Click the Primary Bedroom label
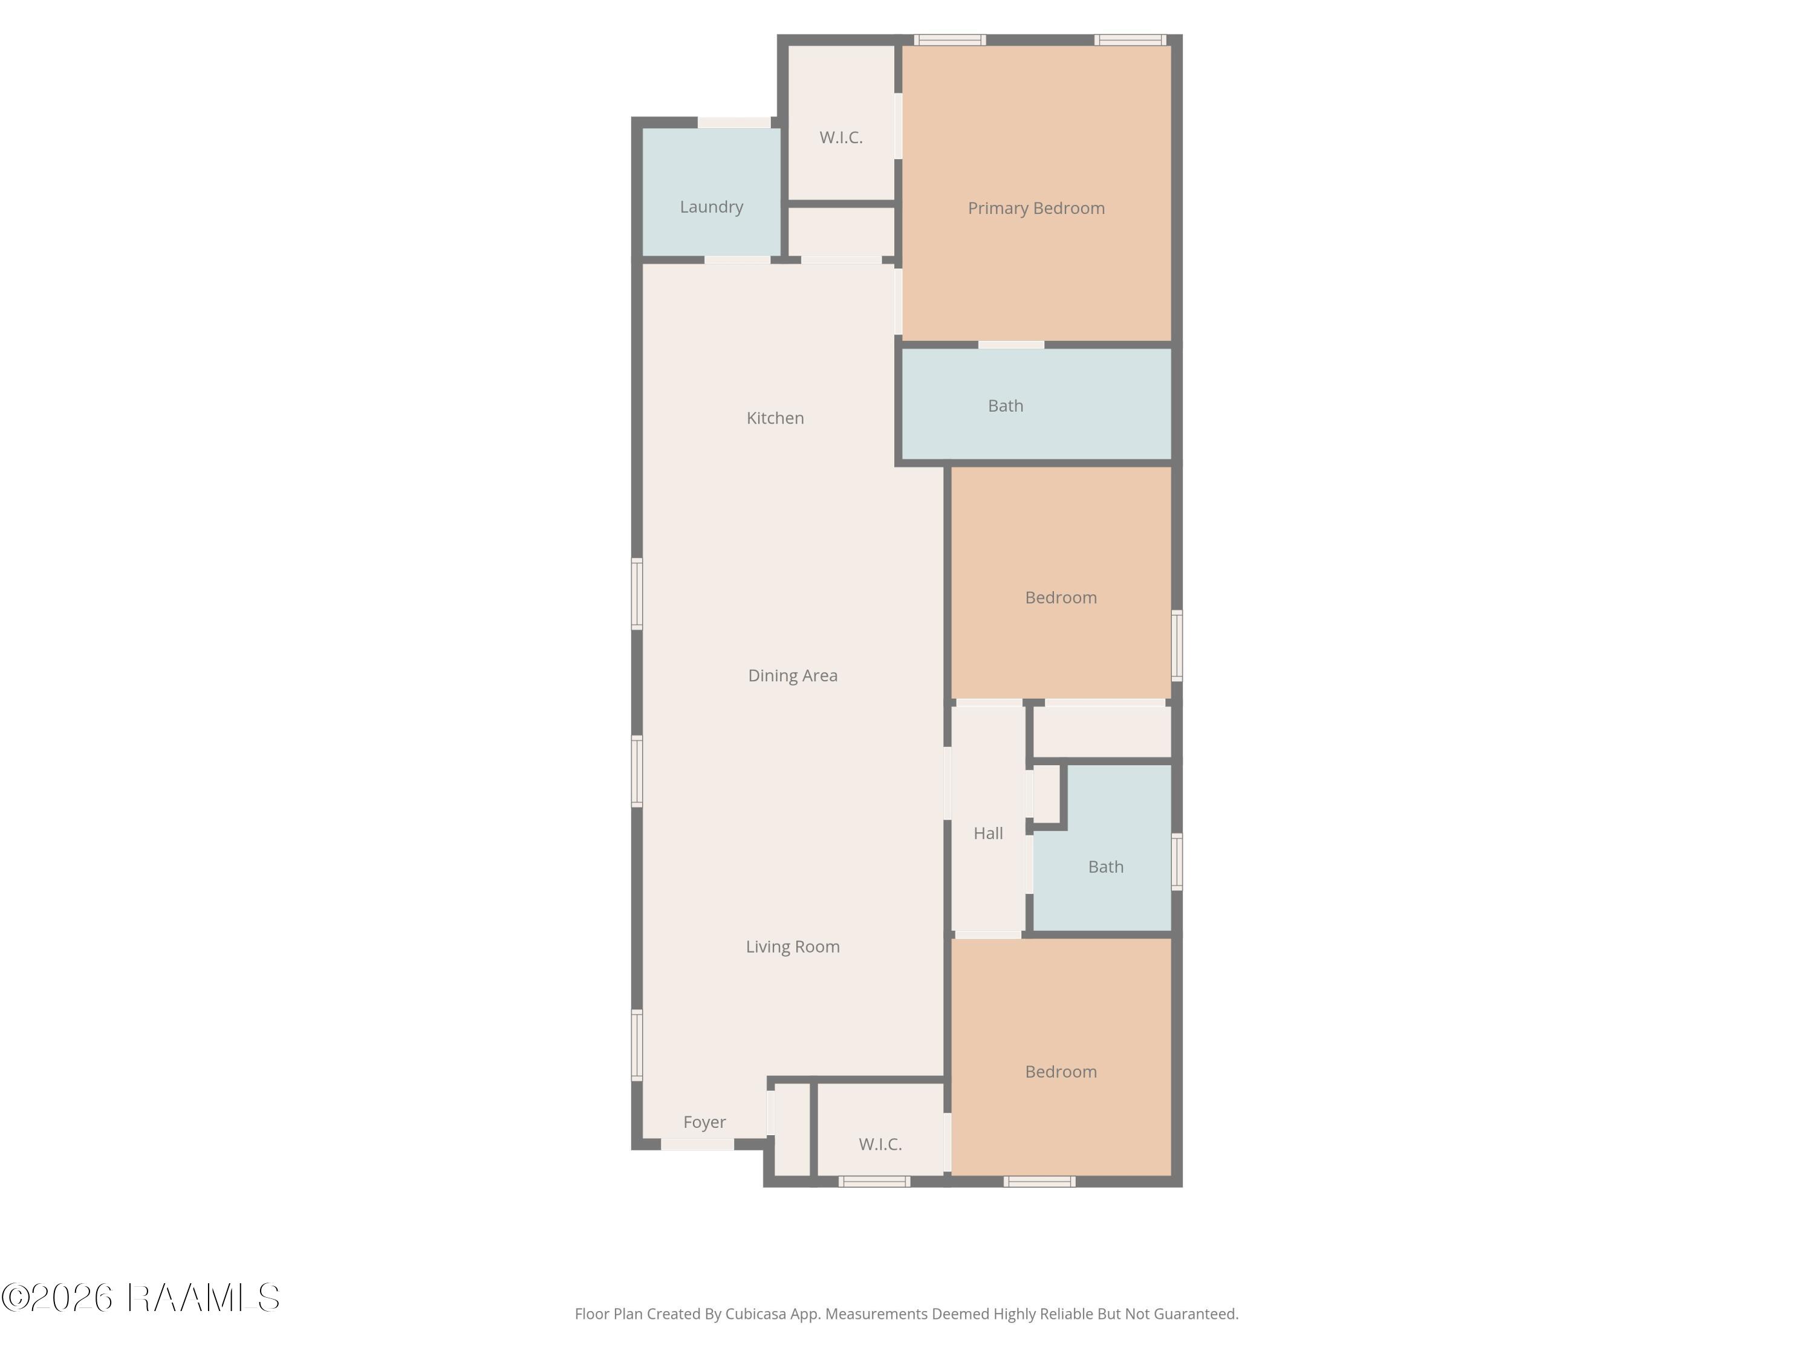(1036, 208)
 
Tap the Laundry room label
(711, 207)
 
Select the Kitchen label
(775, 418)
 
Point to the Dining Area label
(792, 676)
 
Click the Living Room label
(792, 947)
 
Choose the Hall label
(988, 834)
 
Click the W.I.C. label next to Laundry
(840, 138)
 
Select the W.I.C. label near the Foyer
(880, 1144)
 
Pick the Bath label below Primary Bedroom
(1006, 406)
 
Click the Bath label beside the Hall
(1105, 867)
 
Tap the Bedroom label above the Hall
(1061, 598)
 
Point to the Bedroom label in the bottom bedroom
(1061, 1072)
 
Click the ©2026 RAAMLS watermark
(140, 1298)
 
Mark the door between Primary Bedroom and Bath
(1011, 345)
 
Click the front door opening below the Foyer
(697, 1144)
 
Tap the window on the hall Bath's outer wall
(1177, 861)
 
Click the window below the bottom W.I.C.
(874, 1181)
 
